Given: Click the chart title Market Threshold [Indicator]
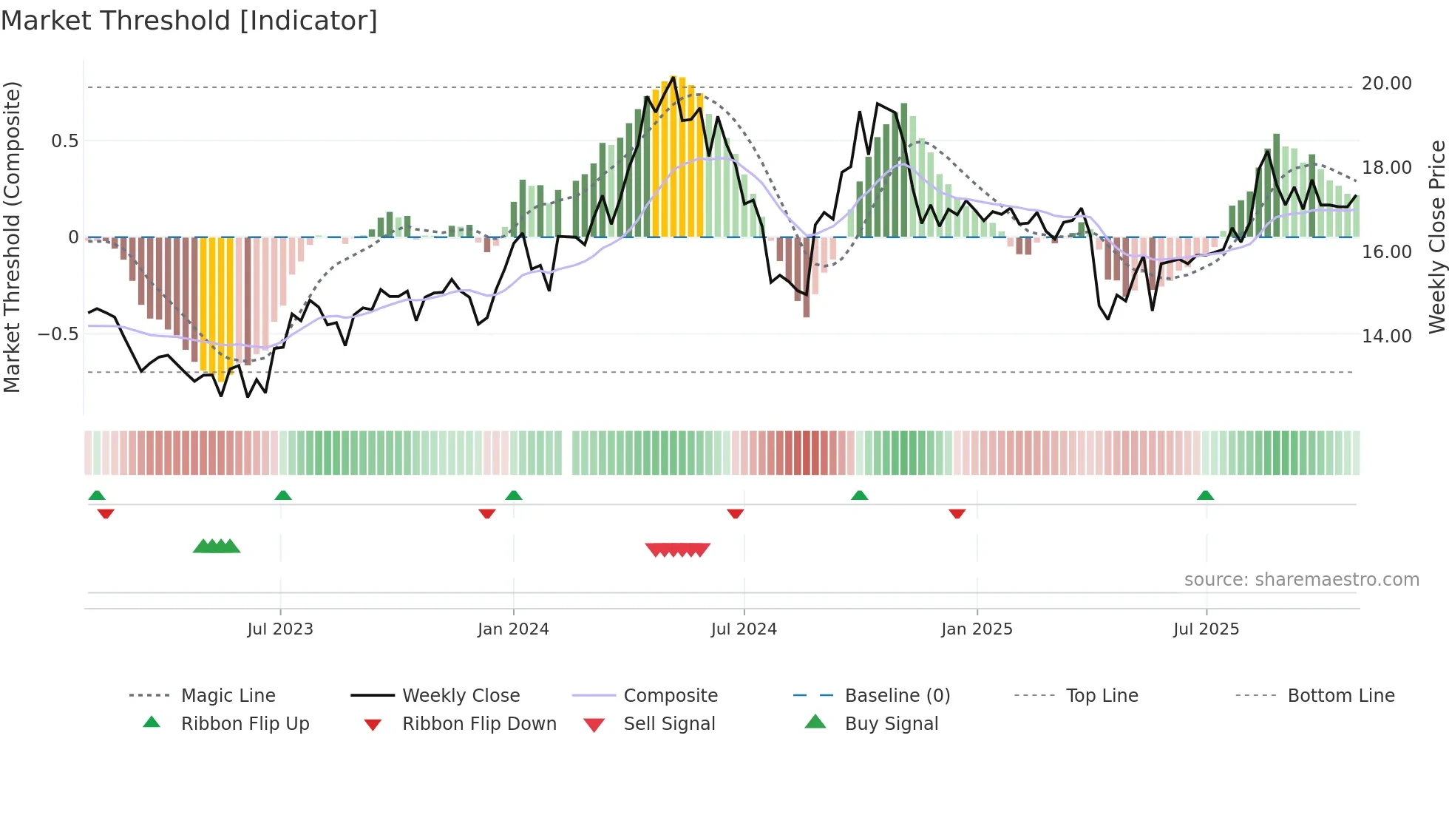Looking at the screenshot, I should (189, 21).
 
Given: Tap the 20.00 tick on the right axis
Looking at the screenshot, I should (1386, 84).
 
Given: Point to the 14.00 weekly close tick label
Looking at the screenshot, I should (1386, 336).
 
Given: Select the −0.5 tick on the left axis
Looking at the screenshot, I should (58, 334).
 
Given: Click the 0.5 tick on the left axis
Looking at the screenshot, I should (64, 141).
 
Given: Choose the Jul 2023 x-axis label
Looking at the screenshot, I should (280, 629).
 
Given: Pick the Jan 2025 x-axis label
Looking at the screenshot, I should (977, 629).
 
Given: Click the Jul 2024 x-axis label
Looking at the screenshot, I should (744, 629).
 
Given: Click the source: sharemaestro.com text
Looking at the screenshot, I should (1301, 580).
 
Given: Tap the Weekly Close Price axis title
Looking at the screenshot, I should (1436, 237).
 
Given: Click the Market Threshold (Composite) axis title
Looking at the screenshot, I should (12, 237).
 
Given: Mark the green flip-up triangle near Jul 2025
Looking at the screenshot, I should (1205, 496).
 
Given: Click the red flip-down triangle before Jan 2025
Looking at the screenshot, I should (957, 513).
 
